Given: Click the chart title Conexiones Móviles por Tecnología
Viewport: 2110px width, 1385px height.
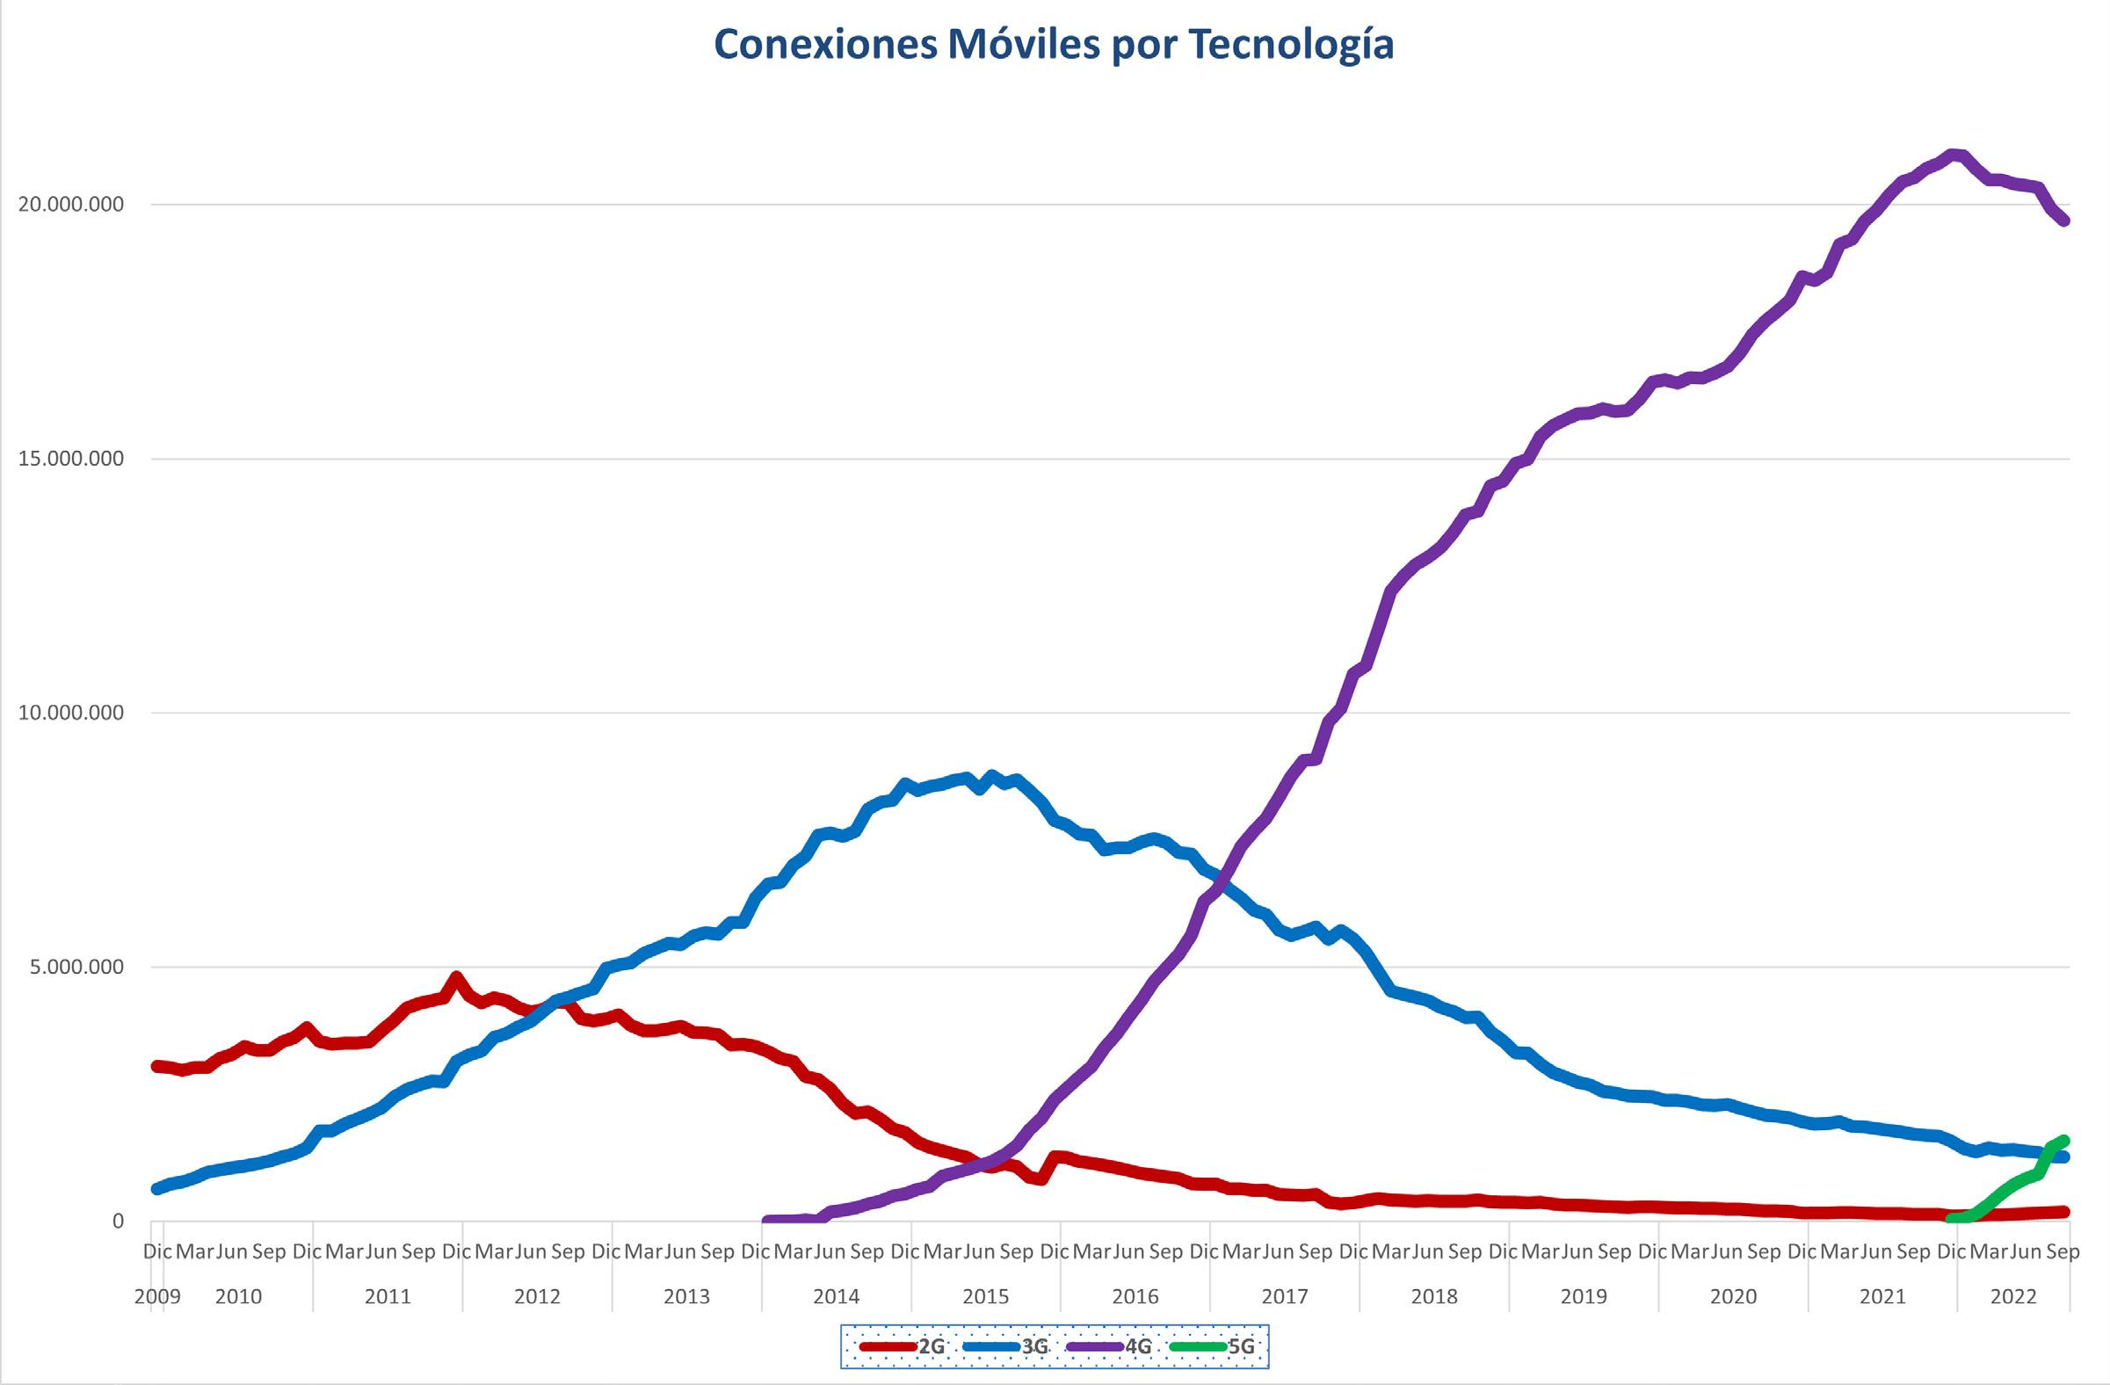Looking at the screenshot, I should coord(1053,44).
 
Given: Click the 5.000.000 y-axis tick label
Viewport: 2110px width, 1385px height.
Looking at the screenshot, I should coord(79,967).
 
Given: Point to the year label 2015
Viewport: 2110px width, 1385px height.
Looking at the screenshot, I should coord(986,1296).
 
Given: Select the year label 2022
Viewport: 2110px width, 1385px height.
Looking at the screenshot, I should coord(2012,1296).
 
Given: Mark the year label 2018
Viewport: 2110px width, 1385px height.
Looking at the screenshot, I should coord(1433,1296).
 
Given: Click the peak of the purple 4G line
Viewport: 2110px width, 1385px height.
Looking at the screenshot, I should coord(1949,156).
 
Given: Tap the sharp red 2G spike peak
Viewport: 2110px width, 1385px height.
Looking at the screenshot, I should coord(457,977).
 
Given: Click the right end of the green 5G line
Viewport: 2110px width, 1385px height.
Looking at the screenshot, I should coord(2064,1141).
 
